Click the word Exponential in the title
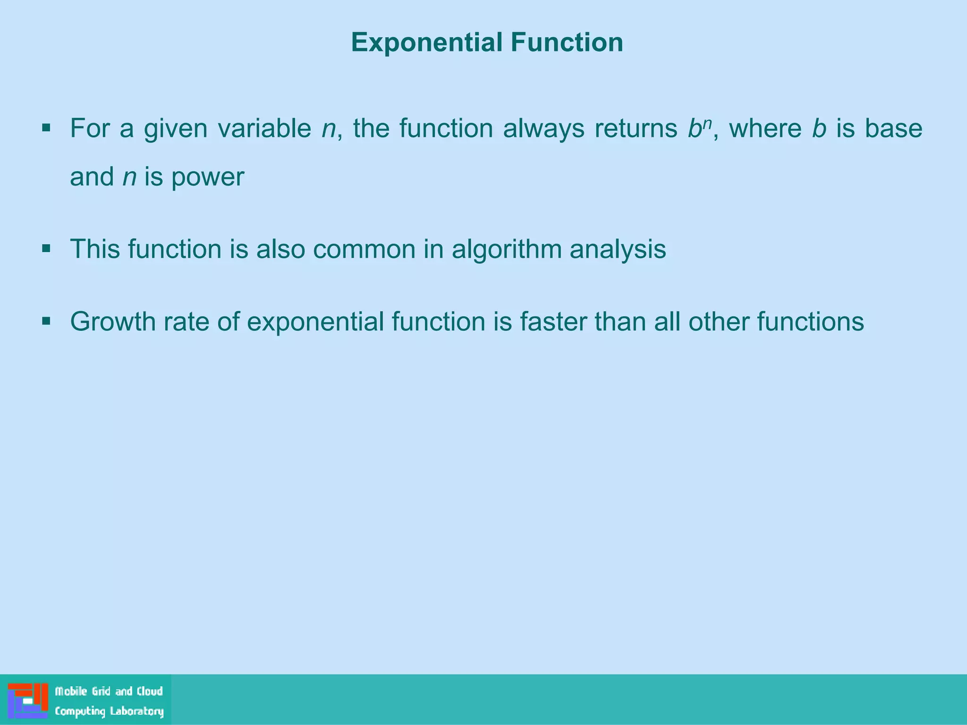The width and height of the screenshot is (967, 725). click(x=427, y=42)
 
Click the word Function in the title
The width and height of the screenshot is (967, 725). click(x=567, y=42)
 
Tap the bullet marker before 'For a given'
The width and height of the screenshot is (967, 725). click(x=46, y=127)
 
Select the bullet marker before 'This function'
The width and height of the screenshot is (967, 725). click(x=46, y=248)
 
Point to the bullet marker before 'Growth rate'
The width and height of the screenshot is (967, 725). click(x=46, y=321)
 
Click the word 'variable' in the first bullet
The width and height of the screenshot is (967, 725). click(x=264, y=128)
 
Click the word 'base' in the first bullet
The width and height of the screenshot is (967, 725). click(x=893, y=128)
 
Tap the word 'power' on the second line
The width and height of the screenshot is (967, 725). click(x=208, y=177)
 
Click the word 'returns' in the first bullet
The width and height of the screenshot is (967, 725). click(x=636, y=128)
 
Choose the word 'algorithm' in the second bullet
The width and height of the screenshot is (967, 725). click(x=506, y=249)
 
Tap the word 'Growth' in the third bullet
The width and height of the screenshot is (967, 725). click(x=113, y=322)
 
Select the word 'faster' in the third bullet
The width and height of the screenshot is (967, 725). click(x=553, y=322)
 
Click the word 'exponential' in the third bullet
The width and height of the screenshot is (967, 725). click(x=315, y=322)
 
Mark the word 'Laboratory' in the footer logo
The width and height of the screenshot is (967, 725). click(x=137, y=711)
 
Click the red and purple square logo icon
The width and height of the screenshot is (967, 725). click(x=28, y=700)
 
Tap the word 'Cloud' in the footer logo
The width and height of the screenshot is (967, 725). click(x=150, y=691)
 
